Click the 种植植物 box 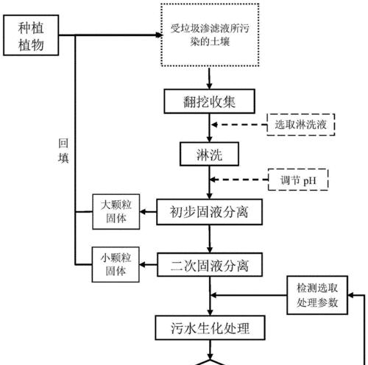click(x=31, y=35)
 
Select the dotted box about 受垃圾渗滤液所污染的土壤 click(x=210, y=35)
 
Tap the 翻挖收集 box click(x=210, y=102)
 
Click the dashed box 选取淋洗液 click(x=301, y=124)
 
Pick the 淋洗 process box click(x=209, y=154)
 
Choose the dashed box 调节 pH click(x=298, y=180)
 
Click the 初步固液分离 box click(x=209, y=212)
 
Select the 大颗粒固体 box click(x=116, y=212)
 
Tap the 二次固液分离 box click(x=210, y=265)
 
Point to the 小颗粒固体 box click(x=116, y=264)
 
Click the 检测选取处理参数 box click(x=317, y=295)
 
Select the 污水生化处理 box click(x=210, y=327)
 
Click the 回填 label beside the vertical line click(x=63, y=151)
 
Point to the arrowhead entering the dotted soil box click(x=159, y=35)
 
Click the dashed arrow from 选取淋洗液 click(x=239, y=125)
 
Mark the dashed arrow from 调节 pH click(x=239, y=180)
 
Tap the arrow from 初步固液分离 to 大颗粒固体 click(x=148, y=211)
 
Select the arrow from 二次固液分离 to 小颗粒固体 click(x=148, y=265)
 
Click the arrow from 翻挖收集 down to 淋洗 click(x=209, y=128)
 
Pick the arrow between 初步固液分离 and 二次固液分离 click(x=210, y=238)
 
